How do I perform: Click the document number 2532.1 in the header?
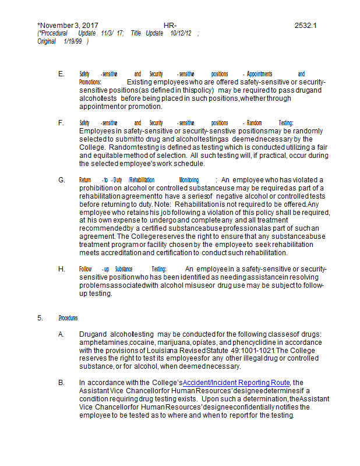(x=305, y=26)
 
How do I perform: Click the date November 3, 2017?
(x=68, y=26)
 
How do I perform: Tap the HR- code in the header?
(x=170, y=26)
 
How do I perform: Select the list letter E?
(x=61, y=74)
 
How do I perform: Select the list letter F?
(x=61, y=123)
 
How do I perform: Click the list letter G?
(x=61, y=180)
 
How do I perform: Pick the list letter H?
(x=61, y=269)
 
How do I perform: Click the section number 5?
(x=40, y=318)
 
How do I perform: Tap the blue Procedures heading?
(x=68, y=318)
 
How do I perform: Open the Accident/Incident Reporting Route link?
(x=241, y=382)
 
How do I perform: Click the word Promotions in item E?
(x=90, y=83)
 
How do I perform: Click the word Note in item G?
(x=166, y=205)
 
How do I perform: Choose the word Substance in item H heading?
(x=123, y=269)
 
